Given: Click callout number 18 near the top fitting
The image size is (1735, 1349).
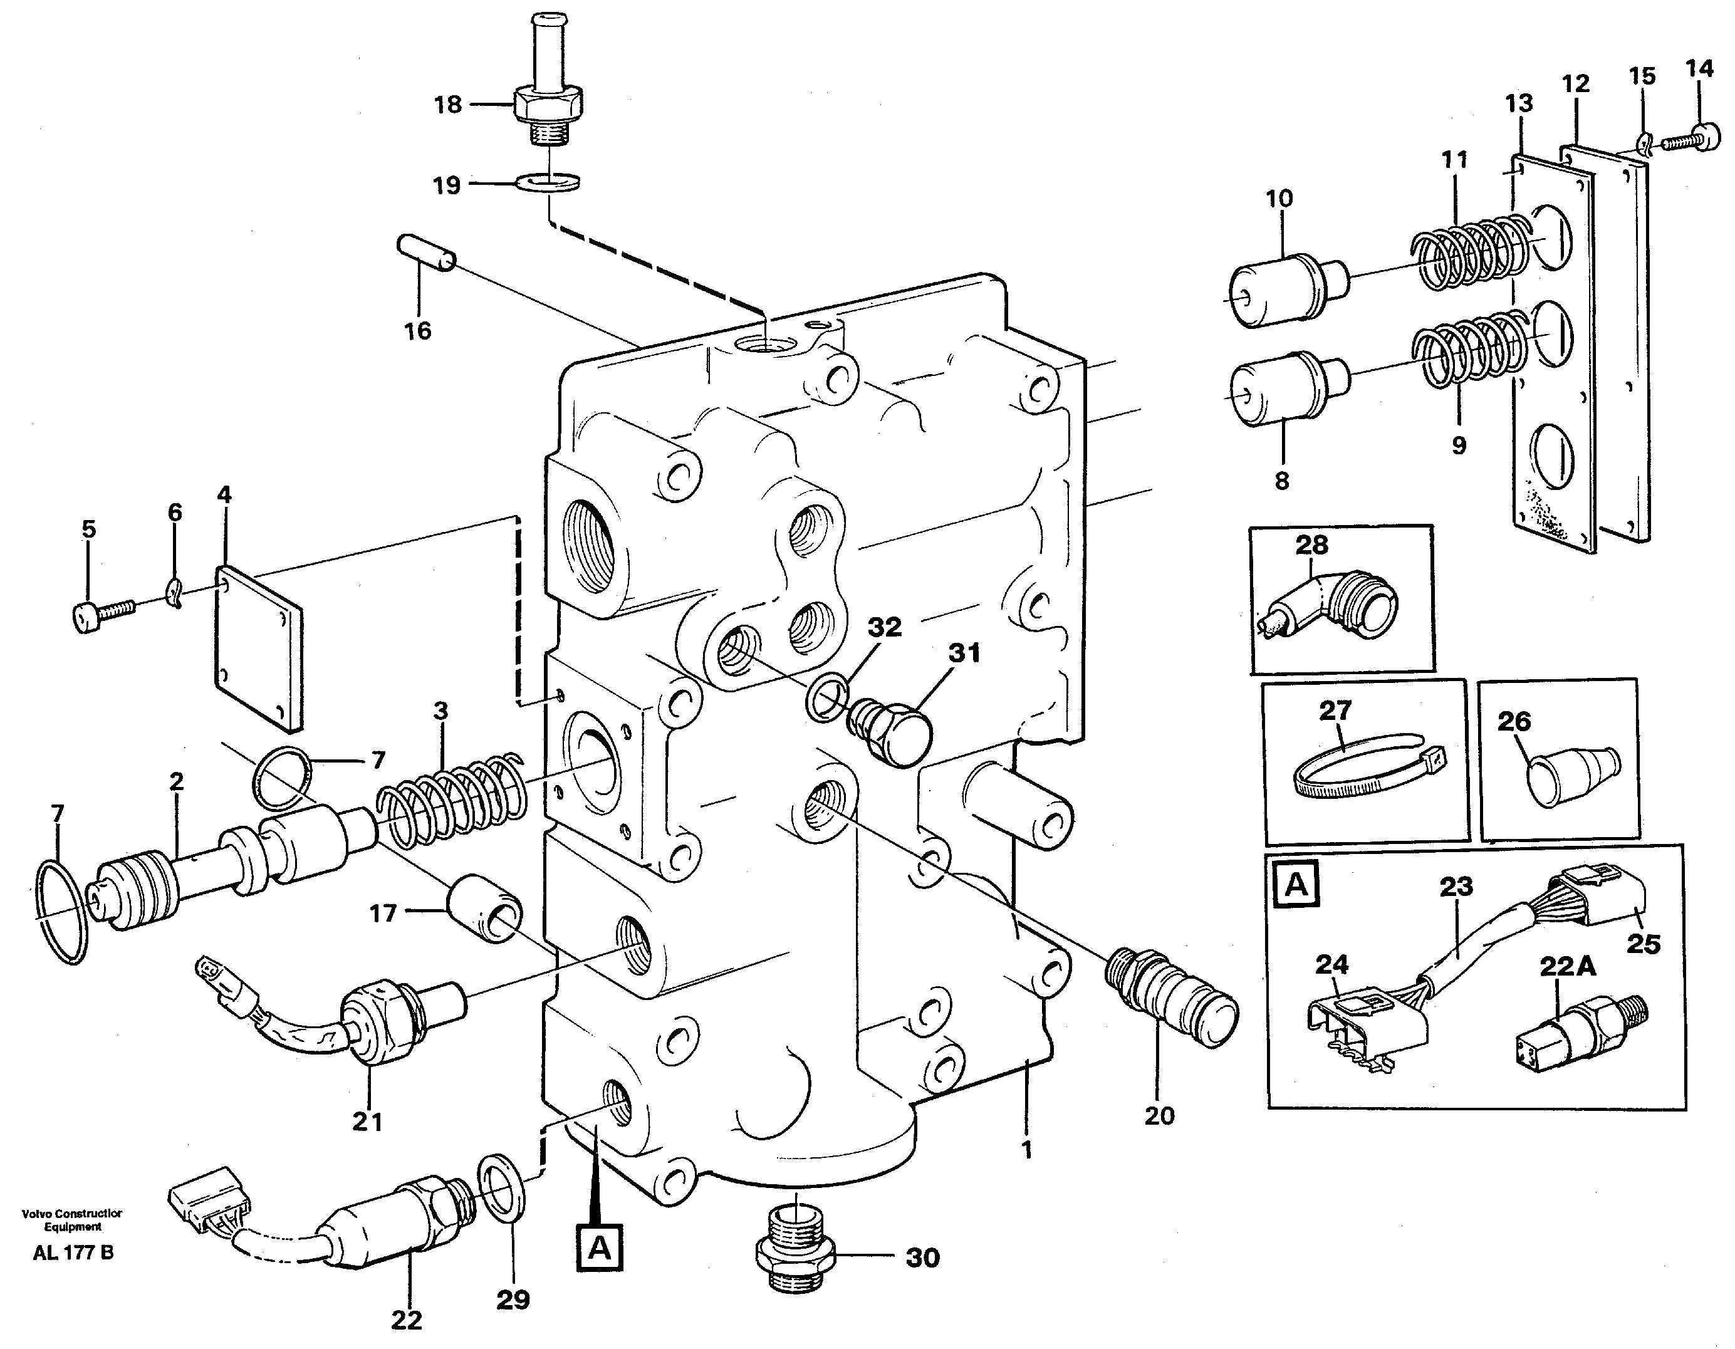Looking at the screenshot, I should click(448, 104).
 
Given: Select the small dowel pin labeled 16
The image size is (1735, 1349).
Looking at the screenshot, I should click(426, 252).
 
